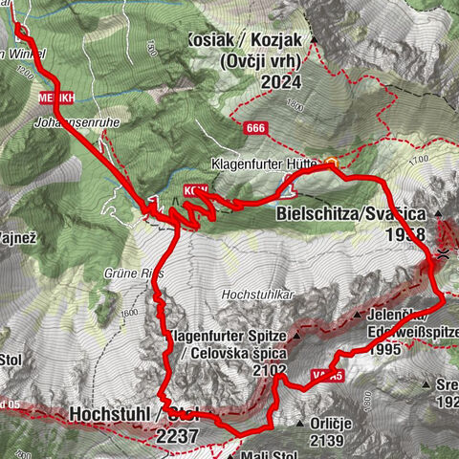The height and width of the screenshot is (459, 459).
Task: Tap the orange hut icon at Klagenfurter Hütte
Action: point(331,164)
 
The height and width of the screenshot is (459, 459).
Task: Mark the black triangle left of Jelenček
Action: point(357,314)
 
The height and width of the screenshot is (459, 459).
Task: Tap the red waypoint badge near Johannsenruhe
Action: point(56,98)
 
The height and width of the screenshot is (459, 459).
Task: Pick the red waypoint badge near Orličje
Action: point(328,377)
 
